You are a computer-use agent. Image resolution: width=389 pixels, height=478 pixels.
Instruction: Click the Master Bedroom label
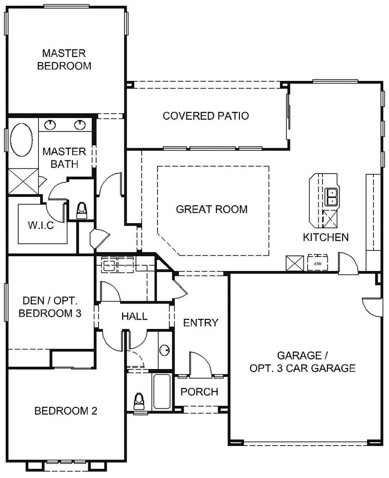[x=64, y=60]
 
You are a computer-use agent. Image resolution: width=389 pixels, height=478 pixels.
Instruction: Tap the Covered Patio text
[x=206, y=116]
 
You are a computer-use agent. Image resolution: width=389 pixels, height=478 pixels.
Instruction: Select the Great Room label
[x=212, y=209]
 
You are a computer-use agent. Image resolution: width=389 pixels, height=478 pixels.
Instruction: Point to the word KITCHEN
[x=326, y=237]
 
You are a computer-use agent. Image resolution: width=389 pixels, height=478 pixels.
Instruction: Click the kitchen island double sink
[x=331, y=197]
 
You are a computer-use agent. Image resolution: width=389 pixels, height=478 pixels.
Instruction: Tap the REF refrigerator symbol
[x=318, y=262]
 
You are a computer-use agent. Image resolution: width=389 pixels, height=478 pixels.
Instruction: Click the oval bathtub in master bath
[x=21, y=140]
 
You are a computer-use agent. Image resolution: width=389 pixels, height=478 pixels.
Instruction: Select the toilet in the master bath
[x=82, y=211]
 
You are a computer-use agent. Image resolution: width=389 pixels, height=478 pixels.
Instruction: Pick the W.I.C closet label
[x=41, y=225]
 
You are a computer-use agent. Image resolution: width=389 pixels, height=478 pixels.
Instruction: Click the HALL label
[x=134, y=316]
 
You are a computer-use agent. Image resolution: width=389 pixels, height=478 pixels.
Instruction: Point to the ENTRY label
[x=201, y=323]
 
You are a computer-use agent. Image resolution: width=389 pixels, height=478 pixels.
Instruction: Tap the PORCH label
[x=199, y=392]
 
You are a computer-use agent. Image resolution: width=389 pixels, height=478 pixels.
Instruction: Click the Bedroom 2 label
[x=66, y=411]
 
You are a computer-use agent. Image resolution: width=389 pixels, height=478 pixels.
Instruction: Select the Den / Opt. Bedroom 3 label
[x=50, y=307]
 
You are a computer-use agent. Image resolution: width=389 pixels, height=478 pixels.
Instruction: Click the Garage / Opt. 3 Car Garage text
[x=302, y=362]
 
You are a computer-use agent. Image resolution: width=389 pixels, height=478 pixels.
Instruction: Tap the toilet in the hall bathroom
[x=139, y=402]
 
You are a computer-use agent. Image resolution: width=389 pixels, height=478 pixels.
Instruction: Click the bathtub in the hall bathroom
[x=161, y=391]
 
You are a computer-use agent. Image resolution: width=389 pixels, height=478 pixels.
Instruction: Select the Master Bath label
[x=64, y=158]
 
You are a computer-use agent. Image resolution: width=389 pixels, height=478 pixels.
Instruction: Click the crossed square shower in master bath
[x=24, y=181]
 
